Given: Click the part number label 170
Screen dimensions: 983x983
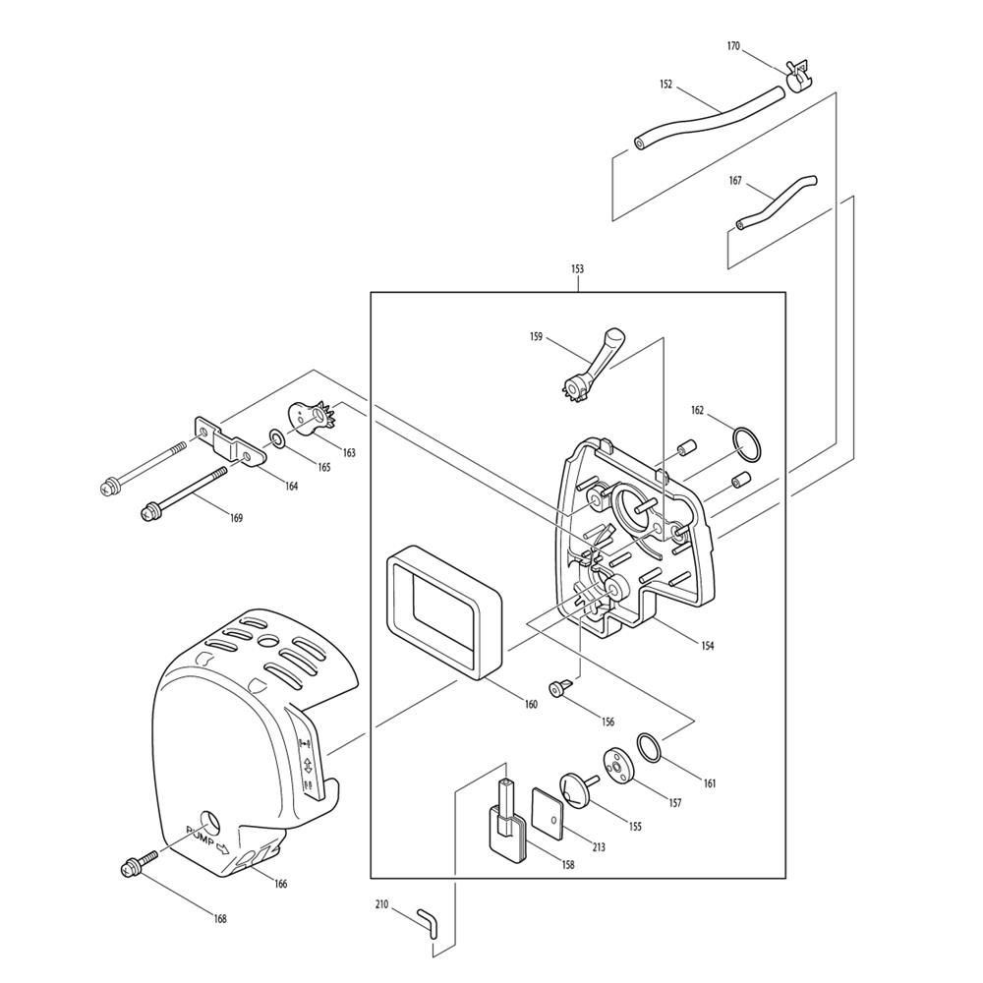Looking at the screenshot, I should [x=733, y=46].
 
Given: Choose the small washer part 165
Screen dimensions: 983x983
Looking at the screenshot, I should [x=278, y=436].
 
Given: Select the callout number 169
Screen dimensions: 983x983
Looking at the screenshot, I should [x=236, y=518].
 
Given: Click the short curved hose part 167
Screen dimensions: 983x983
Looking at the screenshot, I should [x=777, y=202].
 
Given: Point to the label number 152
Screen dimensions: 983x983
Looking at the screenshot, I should [x=665, y=86].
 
